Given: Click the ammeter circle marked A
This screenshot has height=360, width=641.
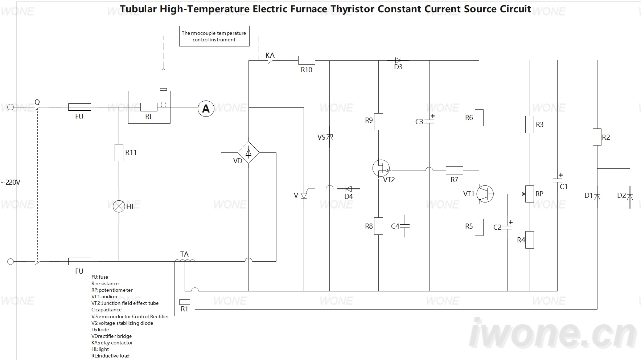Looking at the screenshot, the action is click(x=206, y=109).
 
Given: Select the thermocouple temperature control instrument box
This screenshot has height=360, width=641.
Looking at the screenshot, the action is click(x=214, y=36).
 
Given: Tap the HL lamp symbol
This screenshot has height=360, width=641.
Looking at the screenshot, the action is click(x=119, y=206).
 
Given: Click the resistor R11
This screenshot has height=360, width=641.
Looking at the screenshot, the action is click(x=119, y=152).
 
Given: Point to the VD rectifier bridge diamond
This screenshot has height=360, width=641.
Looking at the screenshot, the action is click(x=248, y=152).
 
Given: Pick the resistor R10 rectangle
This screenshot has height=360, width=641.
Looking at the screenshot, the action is click(x=307, y=60).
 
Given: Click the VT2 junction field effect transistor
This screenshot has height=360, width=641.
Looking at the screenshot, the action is click(x=381, y=168).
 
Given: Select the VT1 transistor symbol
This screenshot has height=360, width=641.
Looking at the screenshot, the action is click(x=485, y=194).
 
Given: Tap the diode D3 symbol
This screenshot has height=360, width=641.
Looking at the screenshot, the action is click(x=398, y=60).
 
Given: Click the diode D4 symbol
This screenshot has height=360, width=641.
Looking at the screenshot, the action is click(x=349, y=189).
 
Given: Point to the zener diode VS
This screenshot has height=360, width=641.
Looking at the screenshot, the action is click(x=329, y=137).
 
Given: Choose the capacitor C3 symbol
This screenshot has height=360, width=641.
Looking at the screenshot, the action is click(x=429, y=121).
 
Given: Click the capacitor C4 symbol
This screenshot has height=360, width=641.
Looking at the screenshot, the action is click(x=405, y=226).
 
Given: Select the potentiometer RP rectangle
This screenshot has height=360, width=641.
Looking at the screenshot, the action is click(x=530, y=194).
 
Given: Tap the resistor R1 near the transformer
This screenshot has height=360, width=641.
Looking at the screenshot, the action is click(x=185, y=302).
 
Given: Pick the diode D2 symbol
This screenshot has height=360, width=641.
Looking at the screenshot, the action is click(x=630, y=197).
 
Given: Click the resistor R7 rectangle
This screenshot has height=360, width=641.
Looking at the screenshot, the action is click(x=454, y=171).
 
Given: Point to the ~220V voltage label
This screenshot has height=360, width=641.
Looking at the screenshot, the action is click(x=11, y=182).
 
